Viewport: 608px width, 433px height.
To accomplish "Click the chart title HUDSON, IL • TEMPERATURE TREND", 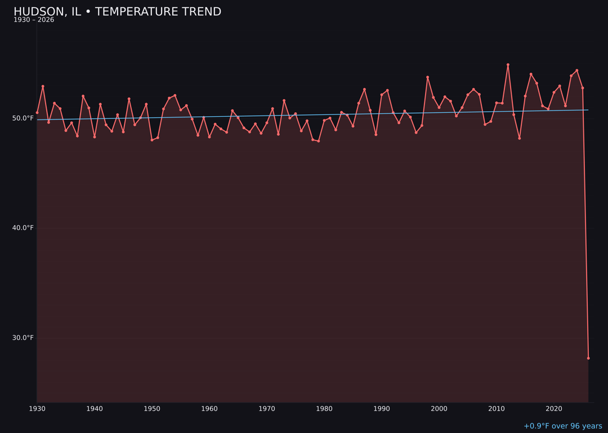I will click(117, 12).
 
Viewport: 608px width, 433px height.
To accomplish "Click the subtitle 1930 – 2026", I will click(34, 20).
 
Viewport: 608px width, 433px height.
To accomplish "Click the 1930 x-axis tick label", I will click(37, 409).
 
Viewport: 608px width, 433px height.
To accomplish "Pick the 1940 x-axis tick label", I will click(95, 409).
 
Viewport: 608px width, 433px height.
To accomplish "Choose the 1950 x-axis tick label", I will click(152, 409).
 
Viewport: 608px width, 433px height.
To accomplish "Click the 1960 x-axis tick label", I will click(209, 409).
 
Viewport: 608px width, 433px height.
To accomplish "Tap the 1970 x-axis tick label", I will click(267, 409).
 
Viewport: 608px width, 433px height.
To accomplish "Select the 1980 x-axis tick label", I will click(324, 409).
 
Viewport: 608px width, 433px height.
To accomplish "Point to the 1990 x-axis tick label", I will click(382, 409).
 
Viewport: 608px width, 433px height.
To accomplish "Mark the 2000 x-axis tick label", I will click(439, 409).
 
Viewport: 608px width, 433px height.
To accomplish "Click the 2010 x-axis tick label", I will click(497, 409).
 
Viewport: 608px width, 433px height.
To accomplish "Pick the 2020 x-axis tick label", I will click(554, 409).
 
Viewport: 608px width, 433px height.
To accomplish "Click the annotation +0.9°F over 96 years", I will click(562, 426).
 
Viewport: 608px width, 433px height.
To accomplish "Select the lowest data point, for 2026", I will click(588, 358).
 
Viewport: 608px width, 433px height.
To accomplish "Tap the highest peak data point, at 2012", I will click(508, 65).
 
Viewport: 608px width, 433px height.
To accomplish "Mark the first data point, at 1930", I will click(37, 113).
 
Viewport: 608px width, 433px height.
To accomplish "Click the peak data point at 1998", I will click(427, 77).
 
